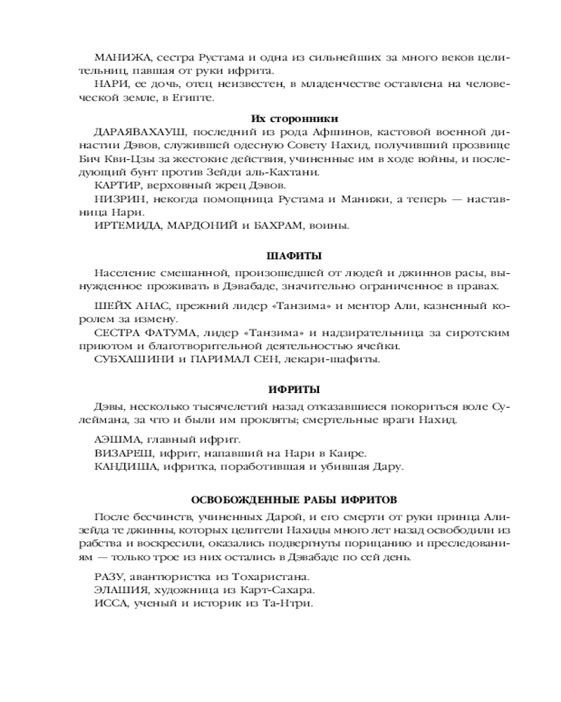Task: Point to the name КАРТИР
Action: point(114,186)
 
